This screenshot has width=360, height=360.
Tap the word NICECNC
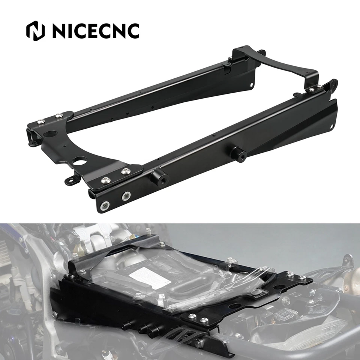tap(96, 31)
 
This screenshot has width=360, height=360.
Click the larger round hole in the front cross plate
tap(49, 133)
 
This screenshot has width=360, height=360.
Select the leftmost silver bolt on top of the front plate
tap(40, 121)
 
